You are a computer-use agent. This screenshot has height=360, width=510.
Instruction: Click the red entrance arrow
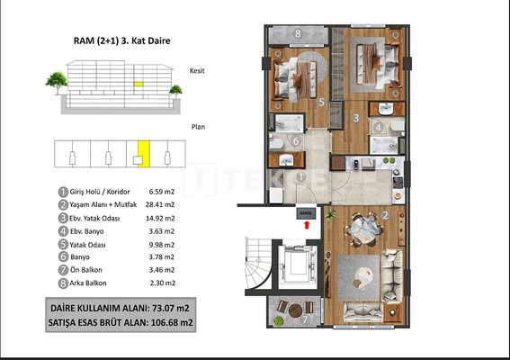[x=307, y=225]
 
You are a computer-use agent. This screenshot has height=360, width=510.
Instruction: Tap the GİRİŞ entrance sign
[x=306, y=213]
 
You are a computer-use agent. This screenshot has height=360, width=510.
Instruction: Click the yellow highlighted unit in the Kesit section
[x=139, y=84]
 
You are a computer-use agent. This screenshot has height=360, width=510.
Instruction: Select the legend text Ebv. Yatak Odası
[x=94, y=218]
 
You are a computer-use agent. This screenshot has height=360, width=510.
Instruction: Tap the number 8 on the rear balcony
[x=298, y=33]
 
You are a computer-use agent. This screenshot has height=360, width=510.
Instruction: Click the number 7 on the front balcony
[x=305, y=319]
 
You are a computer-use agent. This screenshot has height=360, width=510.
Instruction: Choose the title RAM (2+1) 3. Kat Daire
[x=122, y=40]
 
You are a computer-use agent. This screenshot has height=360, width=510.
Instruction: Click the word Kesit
[x=197, y=70]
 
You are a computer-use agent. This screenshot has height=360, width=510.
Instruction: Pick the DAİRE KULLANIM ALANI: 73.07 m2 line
[x=120, y=308]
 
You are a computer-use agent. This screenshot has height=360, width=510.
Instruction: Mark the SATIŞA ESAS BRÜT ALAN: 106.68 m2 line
[x=121, y=322]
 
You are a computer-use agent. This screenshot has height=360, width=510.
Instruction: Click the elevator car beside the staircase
[x=298, y=265]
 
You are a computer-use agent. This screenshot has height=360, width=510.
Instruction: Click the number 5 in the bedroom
[x=321, y=103]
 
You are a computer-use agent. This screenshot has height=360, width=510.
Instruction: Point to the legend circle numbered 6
[x=63, y=256]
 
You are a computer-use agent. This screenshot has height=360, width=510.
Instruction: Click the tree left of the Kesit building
[x=57, y=83]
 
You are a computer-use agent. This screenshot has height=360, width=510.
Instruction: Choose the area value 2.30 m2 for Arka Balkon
[x=163, y=283]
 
